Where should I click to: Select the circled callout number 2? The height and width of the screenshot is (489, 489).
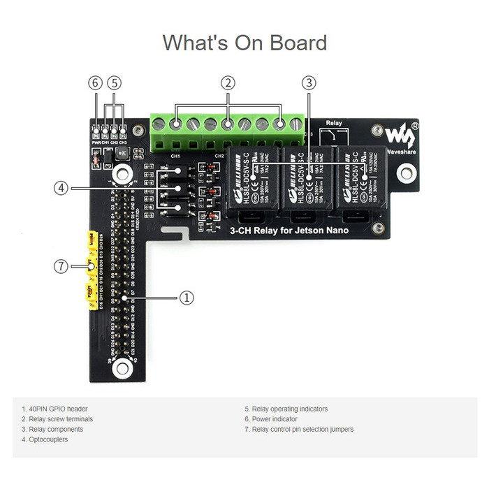coord(227,82)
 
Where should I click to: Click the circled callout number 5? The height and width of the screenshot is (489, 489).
coord(115,82)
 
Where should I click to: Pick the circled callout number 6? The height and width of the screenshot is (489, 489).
coord(96,82)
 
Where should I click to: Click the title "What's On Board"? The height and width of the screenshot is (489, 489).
coord(245,43)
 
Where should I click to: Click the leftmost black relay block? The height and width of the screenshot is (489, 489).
coord(252,180)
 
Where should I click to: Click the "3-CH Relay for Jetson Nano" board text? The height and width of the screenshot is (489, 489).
coord(290,231)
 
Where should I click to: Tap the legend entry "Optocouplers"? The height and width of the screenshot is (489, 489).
coord(45,439)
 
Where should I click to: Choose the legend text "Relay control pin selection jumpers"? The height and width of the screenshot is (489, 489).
coord(301,429)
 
